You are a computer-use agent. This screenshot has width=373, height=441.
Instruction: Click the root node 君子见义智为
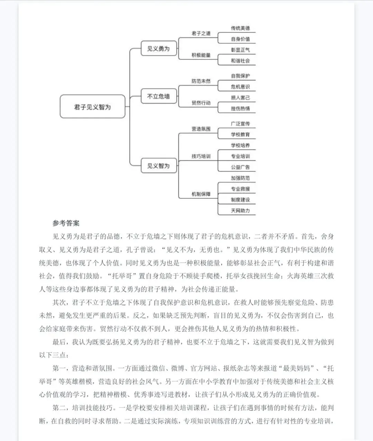tap(93, 107)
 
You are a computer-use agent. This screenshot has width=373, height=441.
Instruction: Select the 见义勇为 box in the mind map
tap(159, 49)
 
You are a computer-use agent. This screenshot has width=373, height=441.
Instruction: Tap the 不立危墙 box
tap(159, 96)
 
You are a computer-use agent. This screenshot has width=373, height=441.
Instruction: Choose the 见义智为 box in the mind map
tap(159, 166)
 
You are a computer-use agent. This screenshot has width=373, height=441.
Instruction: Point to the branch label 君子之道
tap(201, 33)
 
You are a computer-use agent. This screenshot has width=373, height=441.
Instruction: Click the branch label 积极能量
tap(201, 55)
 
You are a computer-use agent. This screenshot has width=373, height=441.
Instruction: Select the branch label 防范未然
tap(201, 81)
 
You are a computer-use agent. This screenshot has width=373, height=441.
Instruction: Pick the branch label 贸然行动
tap(201, 103)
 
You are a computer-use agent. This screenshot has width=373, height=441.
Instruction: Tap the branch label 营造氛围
tap(201, 129)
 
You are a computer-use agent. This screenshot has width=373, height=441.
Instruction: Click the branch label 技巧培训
tap(201, 156)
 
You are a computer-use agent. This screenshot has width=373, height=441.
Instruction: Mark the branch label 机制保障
tap(201, 194)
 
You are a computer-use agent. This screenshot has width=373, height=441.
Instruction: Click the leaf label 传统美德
tap(240, 28)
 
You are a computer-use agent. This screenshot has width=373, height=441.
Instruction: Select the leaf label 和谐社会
tap(240, 61)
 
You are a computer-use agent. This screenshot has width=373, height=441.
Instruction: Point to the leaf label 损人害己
tap(240, 98)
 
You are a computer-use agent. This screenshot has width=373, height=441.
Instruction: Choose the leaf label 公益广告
tap(240, 167)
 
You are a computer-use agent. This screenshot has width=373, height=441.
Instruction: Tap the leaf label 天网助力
tap(240, 210)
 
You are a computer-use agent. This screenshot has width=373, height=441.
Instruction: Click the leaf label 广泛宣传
tap(240, 124)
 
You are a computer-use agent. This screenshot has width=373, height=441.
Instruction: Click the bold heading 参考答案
tap(66, 223)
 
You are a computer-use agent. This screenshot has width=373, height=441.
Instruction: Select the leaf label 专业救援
tap(240, 189)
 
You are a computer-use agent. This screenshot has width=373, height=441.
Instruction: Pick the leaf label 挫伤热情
tap(240, 109)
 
